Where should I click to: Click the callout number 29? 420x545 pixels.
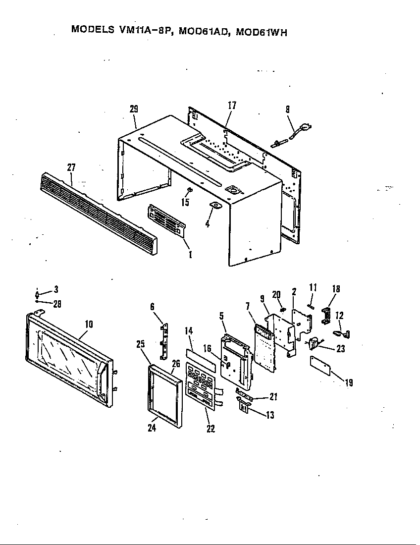[134, 109]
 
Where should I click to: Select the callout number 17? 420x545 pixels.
[232, 105]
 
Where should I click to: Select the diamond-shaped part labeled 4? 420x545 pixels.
[215, 206]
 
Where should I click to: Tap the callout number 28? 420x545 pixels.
[57, 304]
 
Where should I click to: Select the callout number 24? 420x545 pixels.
[152, 428]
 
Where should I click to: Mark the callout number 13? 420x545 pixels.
[269, 415]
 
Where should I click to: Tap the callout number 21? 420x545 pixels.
[272, 397]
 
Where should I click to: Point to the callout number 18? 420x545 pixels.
[335, 288]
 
